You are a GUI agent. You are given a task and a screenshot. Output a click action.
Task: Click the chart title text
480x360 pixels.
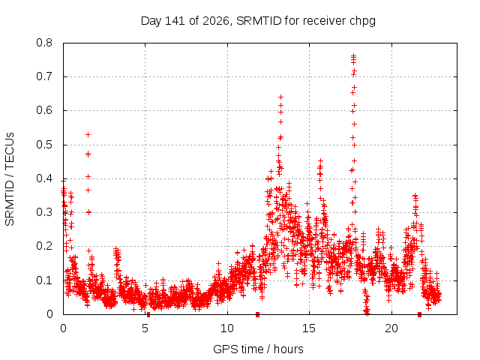tap(258, 21)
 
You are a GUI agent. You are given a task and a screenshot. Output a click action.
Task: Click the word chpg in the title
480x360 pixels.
tap(363, 22)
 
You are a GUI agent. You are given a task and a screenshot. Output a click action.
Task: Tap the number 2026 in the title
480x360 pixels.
tap(216, 21)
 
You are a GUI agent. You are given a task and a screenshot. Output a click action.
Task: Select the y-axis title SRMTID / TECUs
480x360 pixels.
tap(10, 179)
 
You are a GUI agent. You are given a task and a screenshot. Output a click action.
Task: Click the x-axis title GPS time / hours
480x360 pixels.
tap(258, 349)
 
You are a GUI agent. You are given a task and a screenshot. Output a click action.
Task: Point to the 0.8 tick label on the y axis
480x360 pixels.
tap(44, 43)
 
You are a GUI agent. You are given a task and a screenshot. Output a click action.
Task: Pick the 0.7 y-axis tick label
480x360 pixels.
tap(44, 76)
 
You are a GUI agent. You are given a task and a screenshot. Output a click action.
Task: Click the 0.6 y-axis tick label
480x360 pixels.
tap(44, 110)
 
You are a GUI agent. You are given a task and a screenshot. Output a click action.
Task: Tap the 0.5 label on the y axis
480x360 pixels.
tap(44, 145)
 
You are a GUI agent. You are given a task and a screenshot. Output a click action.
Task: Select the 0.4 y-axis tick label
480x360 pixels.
tap(44, 178)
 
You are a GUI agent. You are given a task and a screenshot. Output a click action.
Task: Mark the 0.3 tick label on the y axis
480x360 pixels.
tap(44, 212)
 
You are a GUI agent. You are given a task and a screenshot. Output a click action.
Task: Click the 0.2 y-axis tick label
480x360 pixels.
tap(44, 246)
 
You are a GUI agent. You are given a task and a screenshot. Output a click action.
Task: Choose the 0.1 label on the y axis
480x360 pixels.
tap(44, 280)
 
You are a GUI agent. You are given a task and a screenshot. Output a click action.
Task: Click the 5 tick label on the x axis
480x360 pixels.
tap(145, 328)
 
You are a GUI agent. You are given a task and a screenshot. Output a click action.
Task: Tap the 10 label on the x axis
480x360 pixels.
tap(227, 328)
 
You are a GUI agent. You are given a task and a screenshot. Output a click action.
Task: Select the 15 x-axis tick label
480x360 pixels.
tap(309, 328)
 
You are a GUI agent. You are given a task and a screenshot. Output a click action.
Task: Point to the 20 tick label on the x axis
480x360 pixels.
tap(391, 328)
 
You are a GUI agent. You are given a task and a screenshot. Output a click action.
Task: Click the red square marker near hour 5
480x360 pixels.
tap(148, 314)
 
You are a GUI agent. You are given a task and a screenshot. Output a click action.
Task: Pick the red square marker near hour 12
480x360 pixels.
tap(258, 314)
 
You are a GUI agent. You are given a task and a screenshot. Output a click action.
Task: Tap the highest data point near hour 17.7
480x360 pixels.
tap(353, 55)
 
